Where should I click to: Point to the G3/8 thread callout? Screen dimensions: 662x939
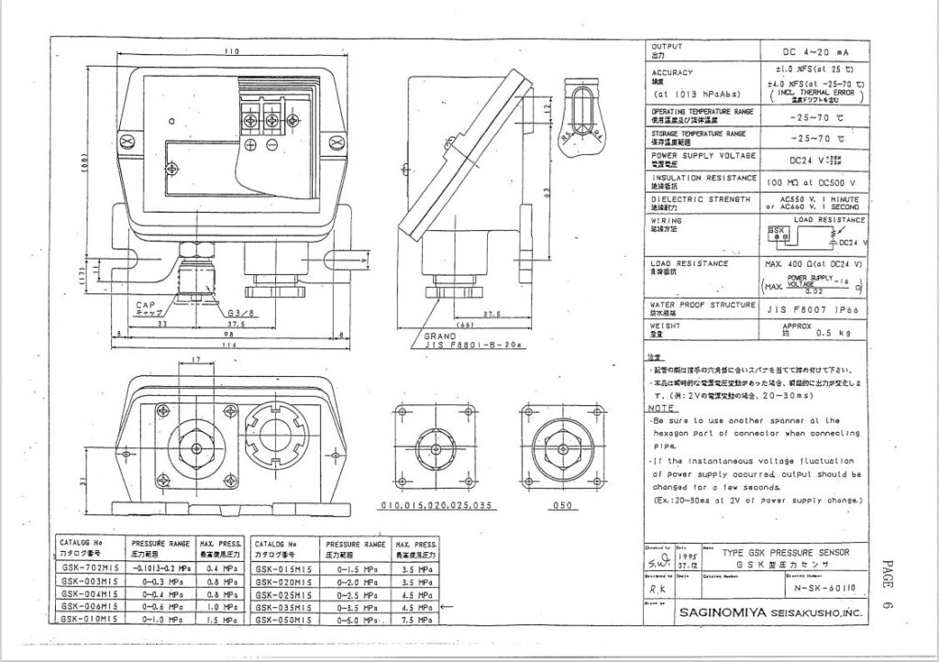[238, 313]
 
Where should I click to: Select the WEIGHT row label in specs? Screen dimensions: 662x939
[666, 325]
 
